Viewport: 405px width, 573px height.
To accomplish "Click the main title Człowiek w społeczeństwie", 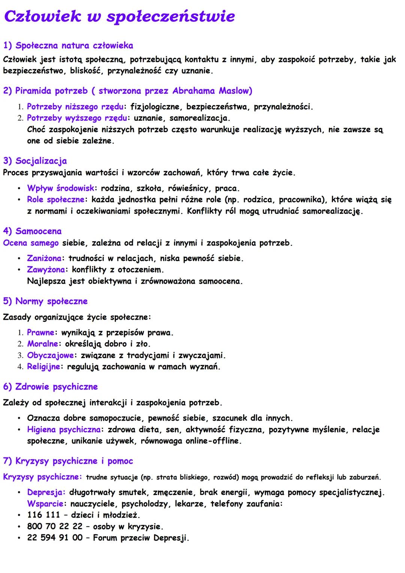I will [119, 17].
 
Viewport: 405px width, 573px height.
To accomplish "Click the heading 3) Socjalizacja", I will [35, 161].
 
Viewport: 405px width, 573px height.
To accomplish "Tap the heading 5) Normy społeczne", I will [45, 301].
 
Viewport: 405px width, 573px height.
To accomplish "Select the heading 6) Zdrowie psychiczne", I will [50, 387].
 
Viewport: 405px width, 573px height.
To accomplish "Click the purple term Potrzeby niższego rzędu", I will [75, 107].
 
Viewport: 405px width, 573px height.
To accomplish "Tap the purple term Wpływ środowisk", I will [60, 188].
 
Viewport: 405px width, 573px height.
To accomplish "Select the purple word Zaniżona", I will [44, 259].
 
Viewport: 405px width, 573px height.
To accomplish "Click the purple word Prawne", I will [40, 333].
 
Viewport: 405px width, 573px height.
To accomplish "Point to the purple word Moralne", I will [42, 344].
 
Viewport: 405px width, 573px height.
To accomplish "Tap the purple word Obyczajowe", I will [50, 355].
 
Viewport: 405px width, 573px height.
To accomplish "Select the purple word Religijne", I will [43, 367].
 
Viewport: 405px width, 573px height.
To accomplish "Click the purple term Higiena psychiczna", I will [63, 430].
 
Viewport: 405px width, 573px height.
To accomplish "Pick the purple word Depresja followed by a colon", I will [46, 492].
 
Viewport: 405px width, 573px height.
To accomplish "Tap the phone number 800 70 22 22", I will [55, 526].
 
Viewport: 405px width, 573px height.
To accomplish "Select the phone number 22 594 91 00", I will [55, 538].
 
